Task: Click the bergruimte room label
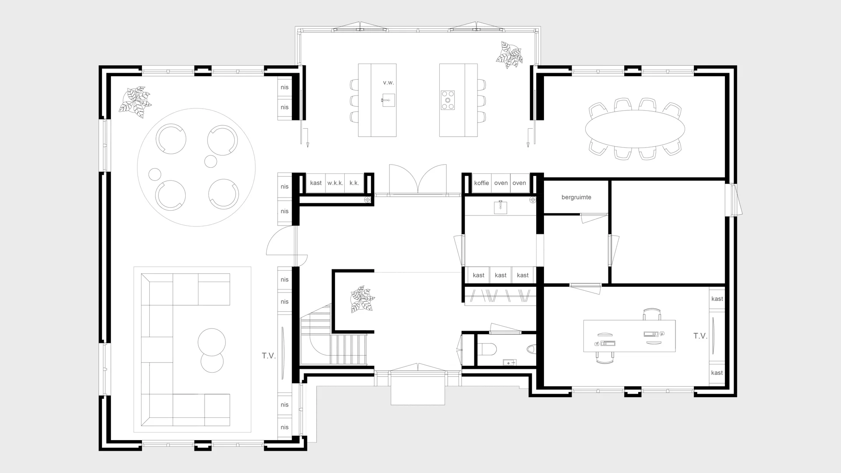pyautogui.click(x=576, y=198)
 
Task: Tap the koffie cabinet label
pyautogui.click(x=481, y=183)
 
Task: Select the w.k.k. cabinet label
pyautogui.click(x=335, y=183)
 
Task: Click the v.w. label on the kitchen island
pyautogui.click(x=388, y=83)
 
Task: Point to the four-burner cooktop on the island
pyautogui.click(x=448, y=100)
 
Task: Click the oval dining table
pyautogui.click(x=635, y=129)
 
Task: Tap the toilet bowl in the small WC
pyautogui.click(x=487, y=349)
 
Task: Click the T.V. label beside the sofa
pyautogui.click(x=269, y=356)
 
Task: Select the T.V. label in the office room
pyautogui.click(x=700, y=336)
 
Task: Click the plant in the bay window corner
pyautogui.click(x=509, y=55)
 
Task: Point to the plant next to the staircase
pyautogui.click(x=362, y=299)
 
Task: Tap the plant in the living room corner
pyautogui.click(x=135, y=102)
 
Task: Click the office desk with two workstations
pyautogui.click(x=629, y=336)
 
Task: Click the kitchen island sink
pyautogui.click(x=388, y=100)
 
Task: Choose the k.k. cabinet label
pyautogui.click(x=354, y=183)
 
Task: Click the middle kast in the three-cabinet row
pyautogui.click(x=500, y=275)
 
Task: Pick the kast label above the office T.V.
pyautogui.click(x=717, y=299)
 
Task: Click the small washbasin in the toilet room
pyautogui.click(x=509, y=363)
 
